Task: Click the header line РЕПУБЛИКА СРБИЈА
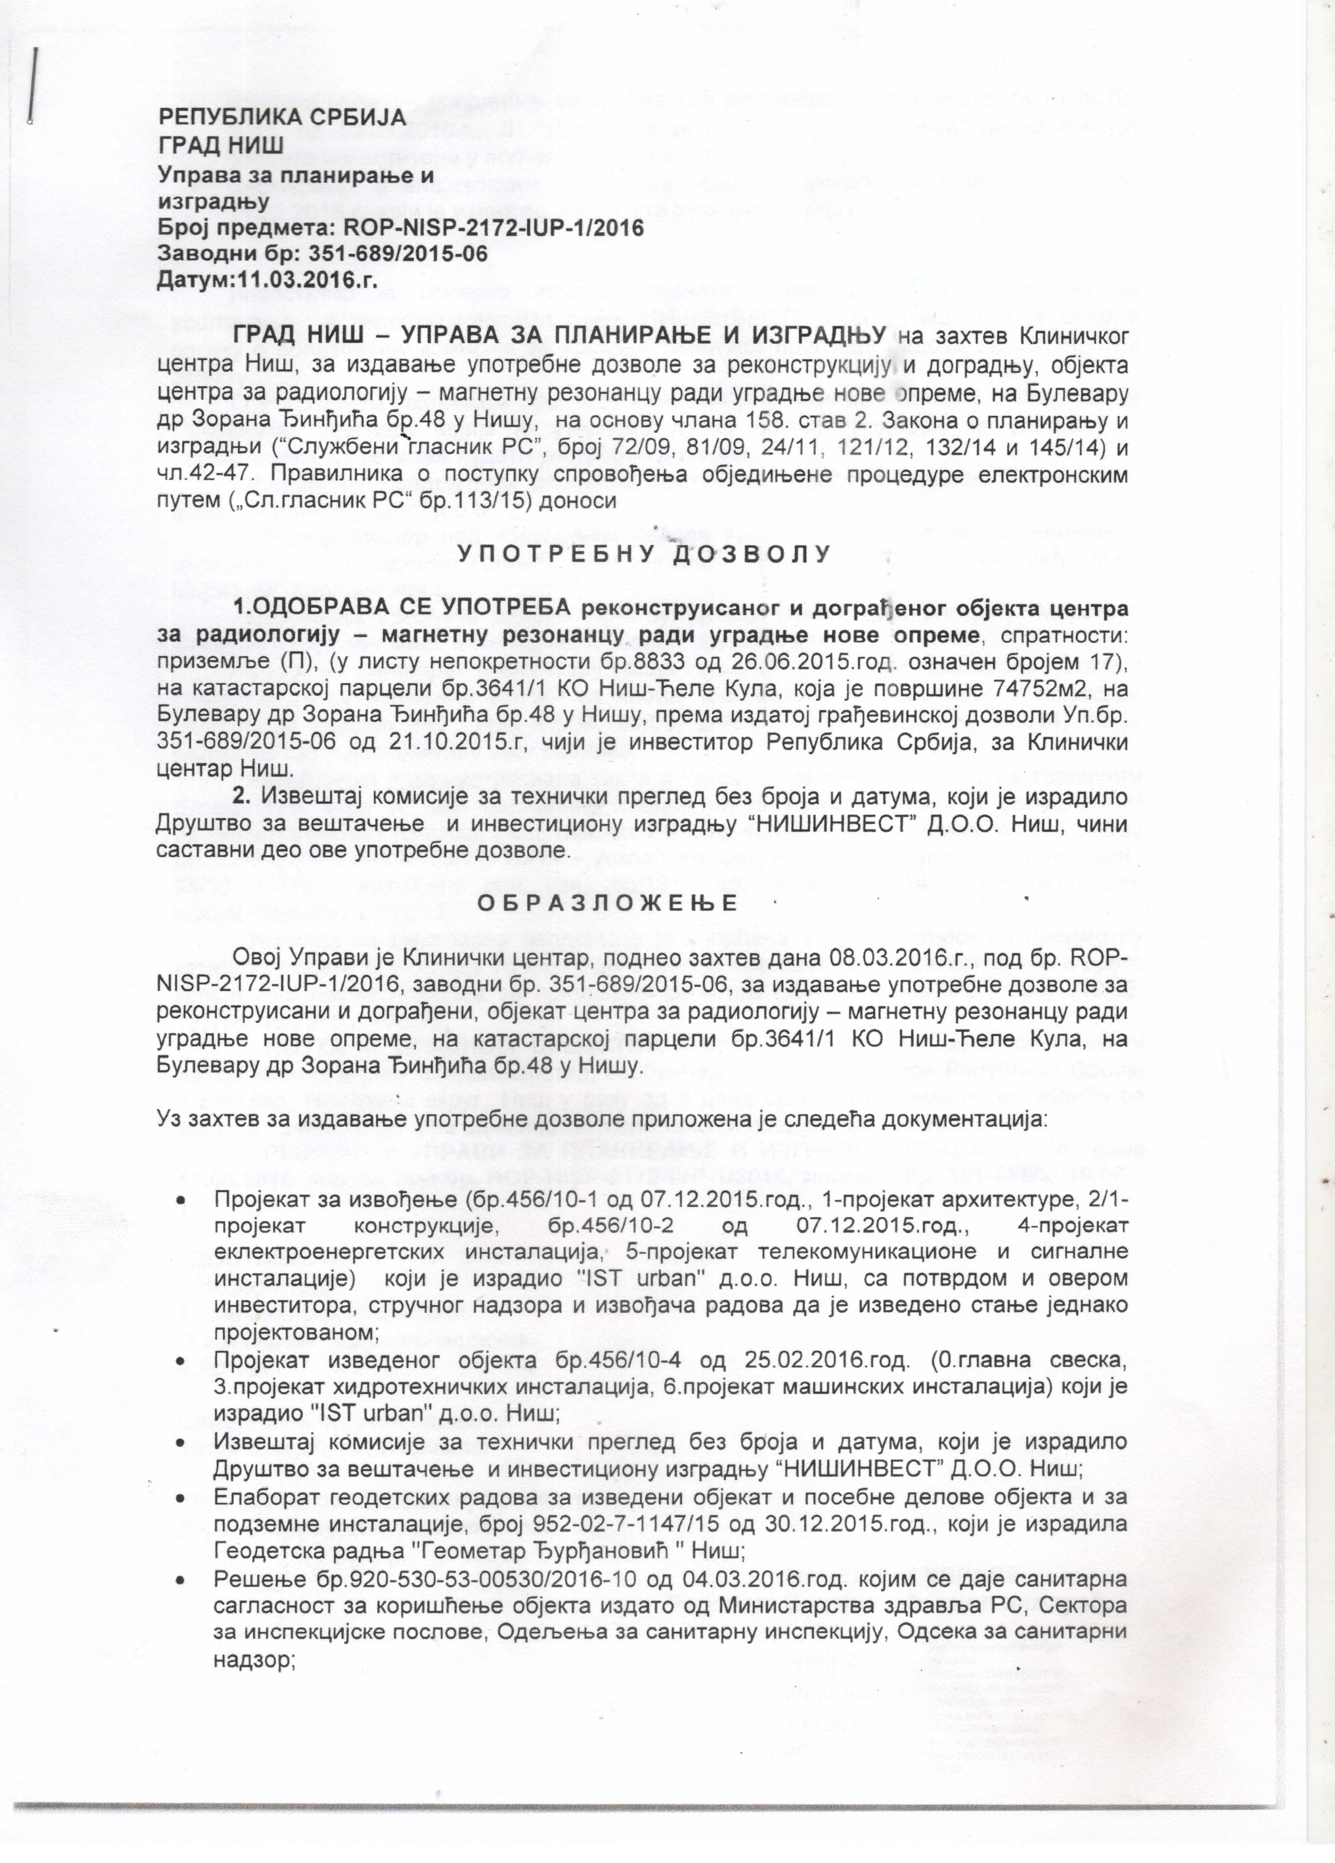point(282,117)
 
